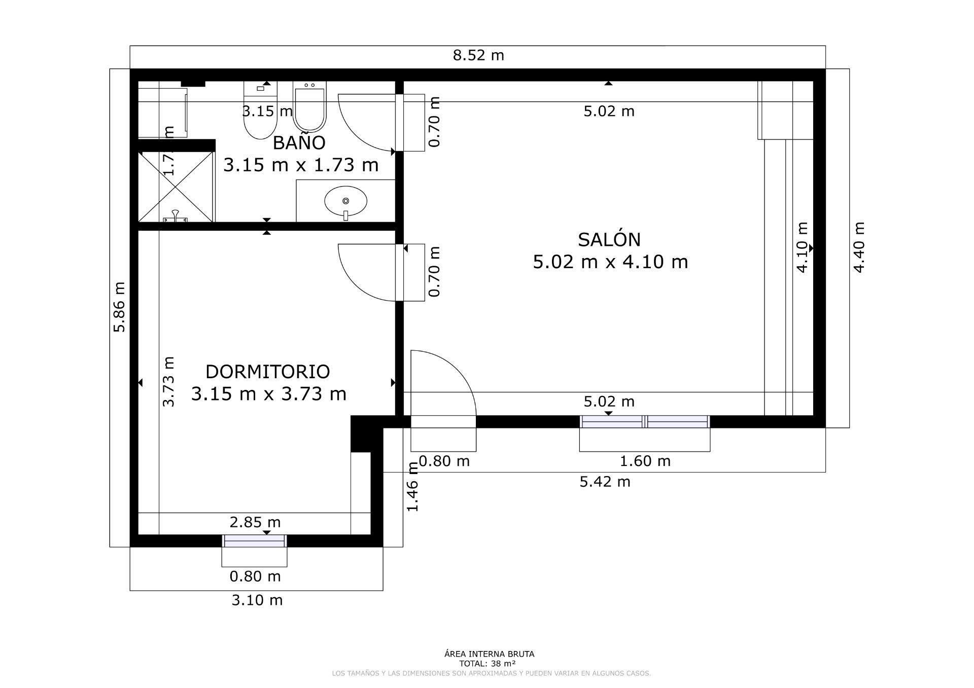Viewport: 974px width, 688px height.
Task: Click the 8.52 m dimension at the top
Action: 478,55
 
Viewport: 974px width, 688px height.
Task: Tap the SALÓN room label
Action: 609,240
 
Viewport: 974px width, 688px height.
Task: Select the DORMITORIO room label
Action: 267,372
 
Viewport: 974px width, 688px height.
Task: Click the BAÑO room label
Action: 299,143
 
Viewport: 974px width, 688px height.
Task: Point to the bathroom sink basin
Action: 345,201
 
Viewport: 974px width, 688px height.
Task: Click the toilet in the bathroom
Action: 260,114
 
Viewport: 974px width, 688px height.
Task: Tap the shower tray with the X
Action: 176,186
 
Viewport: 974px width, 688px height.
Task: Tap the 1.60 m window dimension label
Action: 645,461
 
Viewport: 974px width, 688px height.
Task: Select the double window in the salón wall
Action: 644,421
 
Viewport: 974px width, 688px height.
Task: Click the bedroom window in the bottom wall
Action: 255,541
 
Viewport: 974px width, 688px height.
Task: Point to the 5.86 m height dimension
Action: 119,307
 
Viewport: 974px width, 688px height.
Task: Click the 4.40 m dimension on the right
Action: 858,247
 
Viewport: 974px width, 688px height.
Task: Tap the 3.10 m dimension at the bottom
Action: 257,600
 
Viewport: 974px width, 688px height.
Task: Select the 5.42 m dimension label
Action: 605,482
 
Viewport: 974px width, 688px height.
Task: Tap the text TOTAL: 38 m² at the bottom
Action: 487,663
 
